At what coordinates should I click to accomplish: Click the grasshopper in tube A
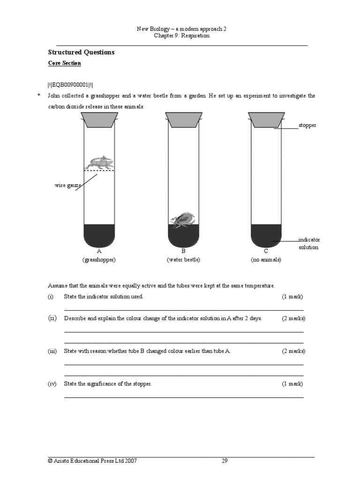coord(99,163)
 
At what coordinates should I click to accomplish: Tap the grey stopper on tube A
coord(99,120)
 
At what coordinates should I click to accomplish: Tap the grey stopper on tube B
coord(184,120)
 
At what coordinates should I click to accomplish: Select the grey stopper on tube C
coord(266,120)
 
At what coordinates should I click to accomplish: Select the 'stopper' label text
coord(307,125)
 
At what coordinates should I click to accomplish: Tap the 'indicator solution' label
coord(309,243)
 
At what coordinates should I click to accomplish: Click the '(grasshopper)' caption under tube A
coord(99,260)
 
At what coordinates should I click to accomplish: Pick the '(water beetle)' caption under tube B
coord(183,260)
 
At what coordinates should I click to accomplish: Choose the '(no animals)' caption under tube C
coord(266,260)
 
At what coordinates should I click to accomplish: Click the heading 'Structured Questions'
coord(81,52)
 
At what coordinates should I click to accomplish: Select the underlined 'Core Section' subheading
coord(65,63)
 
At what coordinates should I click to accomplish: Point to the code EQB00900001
coord(70,84)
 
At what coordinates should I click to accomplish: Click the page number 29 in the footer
coord(225,461)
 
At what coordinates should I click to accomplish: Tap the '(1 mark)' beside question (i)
coord(292,297)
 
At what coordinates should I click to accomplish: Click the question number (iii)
coord(52,351)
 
